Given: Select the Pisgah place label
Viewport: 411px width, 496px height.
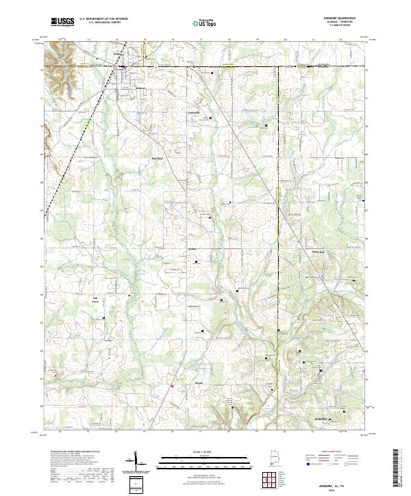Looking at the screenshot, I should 199,383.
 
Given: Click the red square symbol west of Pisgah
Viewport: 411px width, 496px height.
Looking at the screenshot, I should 172,387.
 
